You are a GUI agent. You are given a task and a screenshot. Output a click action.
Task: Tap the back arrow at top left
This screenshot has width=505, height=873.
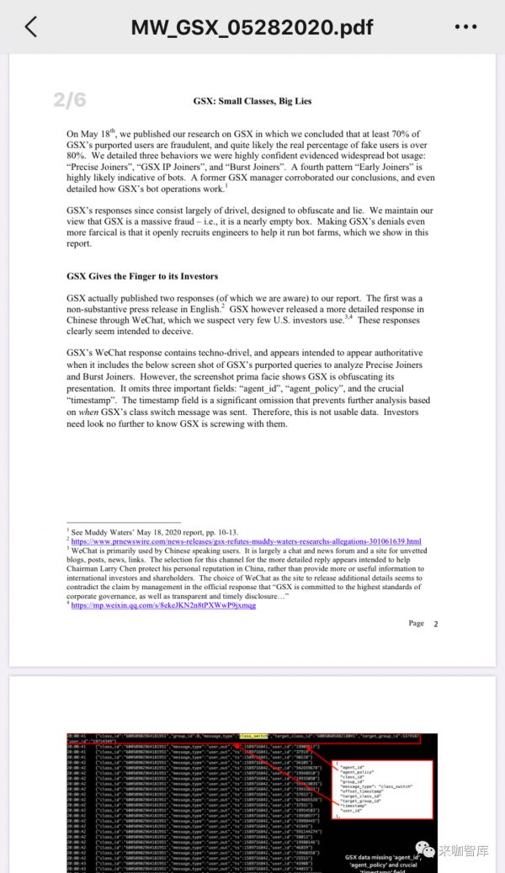pyautogui.click(x=31, y=26)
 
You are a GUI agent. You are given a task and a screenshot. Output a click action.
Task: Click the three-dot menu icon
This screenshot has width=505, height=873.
pyautogui.click(x=465, y=27)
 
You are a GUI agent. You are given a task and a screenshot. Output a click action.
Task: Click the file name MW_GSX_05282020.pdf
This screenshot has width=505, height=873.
pyautogui.click(x=252, y=27)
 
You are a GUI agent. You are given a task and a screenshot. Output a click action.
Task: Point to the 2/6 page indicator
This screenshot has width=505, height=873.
pyautogui.click(x=70, y=100)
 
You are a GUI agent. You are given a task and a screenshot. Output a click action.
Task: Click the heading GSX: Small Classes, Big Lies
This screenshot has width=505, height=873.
pyautogui.click(x=252, y=101)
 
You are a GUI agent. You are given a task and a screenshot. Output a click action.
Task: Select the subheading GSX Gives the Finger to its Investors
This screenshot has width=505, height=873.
pyautogui.click(x=142, y=276)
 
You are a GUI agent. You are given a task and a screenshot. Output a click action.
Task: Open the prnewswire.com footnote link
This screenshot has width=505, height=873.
pyautogui.click(x=246, y=541)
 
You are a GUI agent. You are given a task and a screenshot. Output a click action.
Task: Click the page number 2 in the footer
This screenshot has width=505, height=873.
pyautogui.click(x=436, y=624)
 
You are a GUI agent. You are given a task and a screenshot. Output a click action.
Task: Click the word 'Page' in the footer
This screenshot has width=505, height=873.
pyautogui.click(x=416, y=624)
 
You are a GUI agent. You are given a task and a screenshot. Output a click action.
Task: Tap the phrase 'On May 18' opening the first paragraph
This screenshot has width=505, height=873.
pyautogui.click(x=88, y=135)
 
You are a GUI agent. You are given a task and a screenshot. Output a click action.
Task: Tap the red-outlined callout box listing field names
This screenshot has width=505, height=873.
pyautogui.click(x=382, y=789)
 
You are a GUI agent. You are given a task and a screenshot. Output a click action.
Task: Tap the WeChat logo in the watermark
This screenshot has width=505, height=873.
pyautogui.click(x=424, y=850)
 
